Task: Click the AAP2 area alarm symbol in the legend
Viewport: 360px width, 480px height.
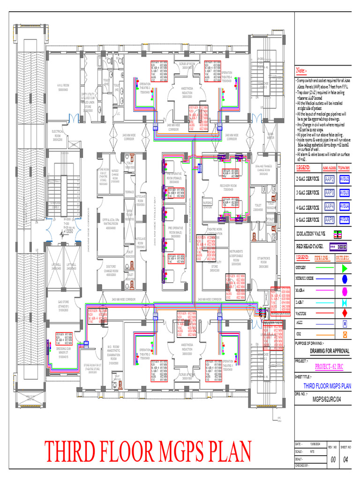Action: [x=330, y=179]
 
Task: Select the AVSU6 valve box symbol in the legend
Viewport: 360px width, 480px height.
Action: [x=345, y=219]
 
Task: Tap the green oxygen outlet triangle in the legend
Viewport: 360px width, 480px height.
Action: [x=345, y=268]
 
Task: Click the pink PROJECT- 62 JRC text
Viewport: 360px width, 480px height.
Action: [x=329, y=367]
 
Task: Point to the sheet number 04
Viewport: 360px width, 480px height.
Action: [x=346, y=460]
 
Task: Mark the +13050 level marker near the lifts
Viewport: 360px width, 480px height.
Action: [x=69, y=231]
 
